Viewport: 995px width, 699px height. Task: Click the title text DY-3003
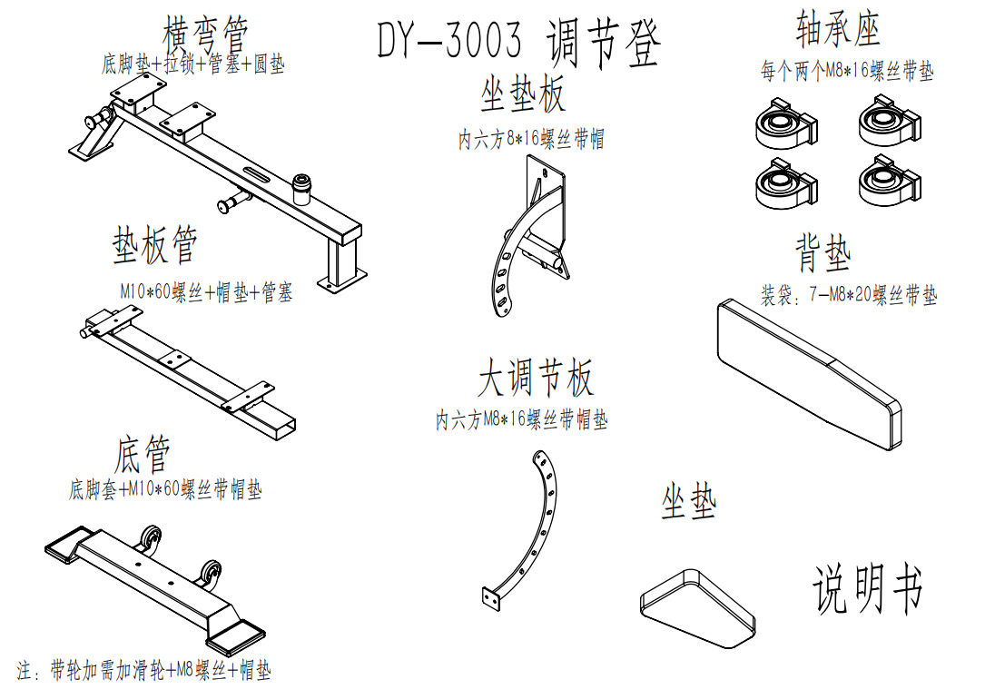click(449, 39)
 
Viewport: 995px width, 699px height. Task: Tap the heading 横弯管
click(204, 34)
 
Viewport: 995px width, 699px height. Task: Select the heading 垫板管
click(155, 244)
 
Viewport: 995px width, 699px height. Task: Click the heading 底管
click(143, 454)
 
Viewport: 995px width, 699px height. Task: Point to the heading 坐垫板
click(522, 94)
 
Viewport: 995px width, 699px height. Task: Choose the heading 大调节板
click(536, 377)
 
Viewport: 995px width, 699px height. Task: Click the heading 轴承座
click(838, 28)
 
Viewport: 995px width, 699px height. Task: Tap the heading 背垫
click(823, 252)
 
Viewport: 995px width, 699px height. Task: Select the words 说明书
click(868, 588)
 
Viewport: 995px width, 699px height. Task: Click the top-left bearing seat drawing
click(786, 123)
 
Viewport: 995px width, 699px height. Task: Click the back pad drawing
click(809, 374)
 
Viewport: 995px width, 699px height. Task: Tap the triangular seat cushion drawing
click(696, 607)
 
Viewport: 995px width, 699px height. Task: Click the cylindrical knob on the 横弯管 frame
click(301, 189)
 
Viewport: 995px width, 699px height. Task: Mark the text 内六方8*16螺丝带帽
click(531, 139)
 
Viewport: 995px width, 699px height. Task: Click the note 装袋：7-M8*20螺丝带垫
click(849, 295)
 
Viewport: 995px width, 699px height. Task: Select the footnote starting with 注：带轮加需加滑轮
click(144, 670)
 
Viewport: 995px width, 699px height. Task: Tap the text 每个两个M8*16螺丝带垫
click(847, 71)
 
